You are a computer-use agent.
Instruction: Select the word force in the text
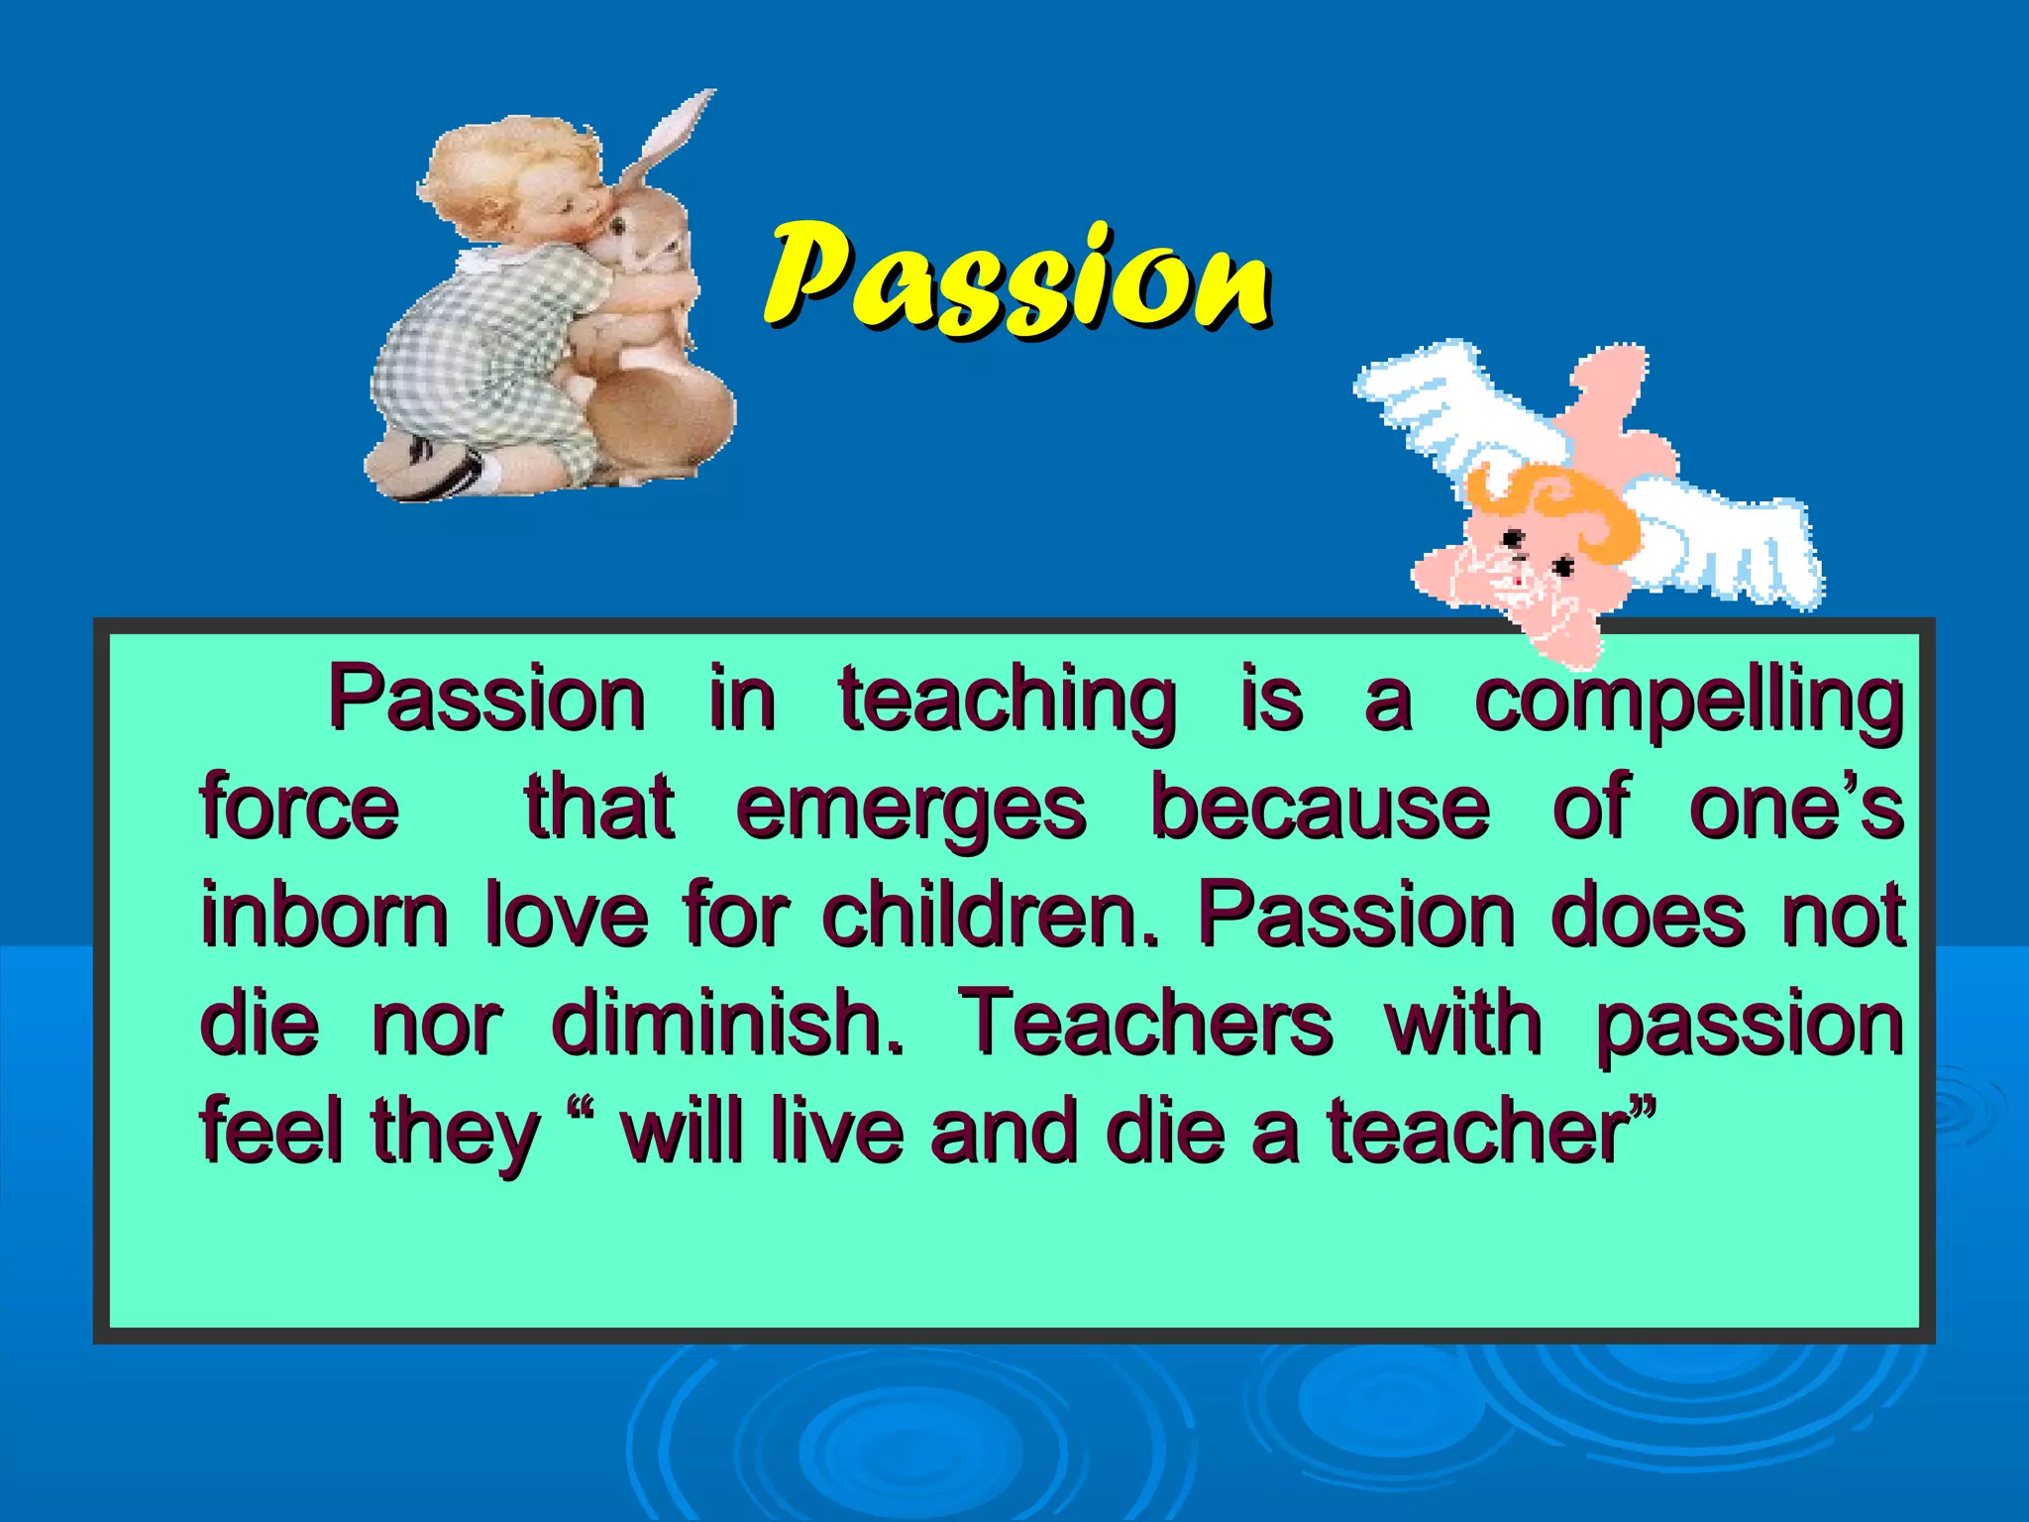tap(300, 808)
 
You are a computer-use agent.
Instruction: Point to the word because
tap(1321, 808)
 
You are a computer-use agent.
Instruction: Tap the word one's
tap(1795, 808)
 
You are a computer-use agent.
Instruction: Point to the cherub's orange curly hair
tap(1565, 505)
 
